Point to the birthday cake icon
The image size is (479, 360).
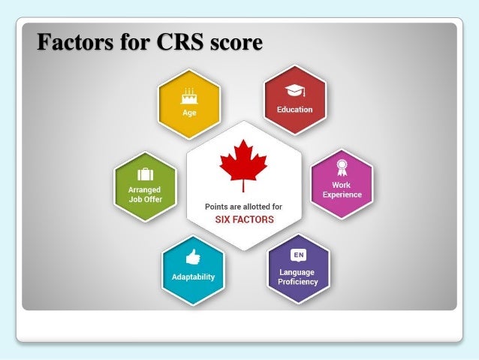pyautogui.click(x=188, y=95)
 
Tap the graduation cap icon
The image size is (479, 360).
pyautogui.click(x=294, y=91)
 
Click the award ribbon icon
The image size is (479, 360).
pyautogui.click(x=342, y=168)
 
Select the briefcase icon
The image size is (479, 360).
pyautogui.click(x=145, y=174)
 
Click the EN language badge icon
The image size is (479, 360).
pyautogui.click(x=298, y=256)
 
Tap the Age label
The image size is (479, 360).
pyautogui.click(x=189, y=113)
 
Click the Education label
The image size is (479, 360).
pyautogui.click(x=294, y=110)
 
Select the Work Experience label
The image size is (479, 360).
pyautogui.click(x=342, y=189)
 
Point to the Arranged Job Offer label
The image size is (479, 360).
pyautogui.click(x=145, y=195)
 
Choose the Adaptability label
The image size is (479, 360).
pyautogui.click(x=192, y=277)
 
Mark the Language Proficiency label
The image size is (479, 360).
pyautogui.click(x=298, y=277)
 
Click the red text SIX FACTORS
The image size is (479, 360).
pyautogui.click(x=243, y=220)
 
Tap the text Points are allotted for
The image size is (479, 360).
pyautogui.click(x=243, y=206)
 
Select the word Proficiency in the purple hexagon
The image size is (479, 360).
pyautogui.click(x=298, y=282)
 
